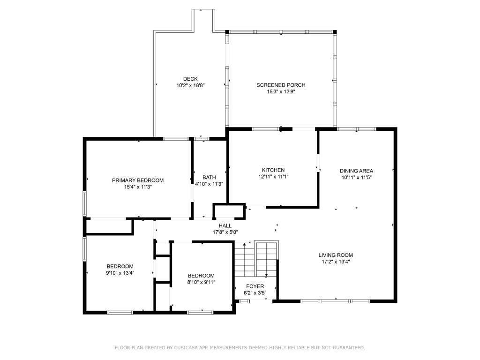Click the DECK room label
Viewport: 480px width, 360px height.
coord(190,79)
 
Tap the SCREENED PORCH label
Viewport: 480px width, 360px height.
coord(281,85)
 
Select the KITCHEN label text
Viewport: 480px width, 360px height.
coord(273,170)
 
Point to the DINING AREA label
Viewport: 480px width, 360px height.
coord(357,171)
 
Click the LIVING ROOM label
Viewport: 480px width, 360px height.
coord(336,255)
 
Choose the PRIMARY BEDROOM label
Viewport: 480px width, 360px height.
coord(138,180)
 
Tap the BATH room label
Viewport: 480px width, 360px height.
coord(209,177)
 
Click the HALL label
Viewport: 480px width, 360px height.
coord(225,225)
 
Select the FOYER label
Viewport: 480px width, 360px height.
coord(255,286)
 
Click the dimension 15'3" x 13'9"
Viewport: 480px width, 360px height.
coord(281,91)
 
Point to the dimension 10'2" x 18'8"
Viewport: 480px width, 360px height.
coord(190,85)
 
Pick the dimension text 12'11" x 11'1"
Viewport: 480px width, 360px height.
coord(273,177)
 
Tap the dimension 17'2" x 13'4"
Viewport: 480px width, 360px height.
coord(336,262)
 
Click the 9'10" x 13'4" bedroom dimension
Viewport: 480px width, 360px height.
coord(120,273)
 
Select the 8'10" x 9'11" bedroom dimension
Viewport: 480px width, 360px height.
coord(201,282)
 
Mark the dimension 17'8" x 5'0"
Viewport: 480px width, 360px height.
coord(225,232)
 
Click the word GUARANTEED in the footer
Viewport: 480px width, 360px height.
coord(349,347)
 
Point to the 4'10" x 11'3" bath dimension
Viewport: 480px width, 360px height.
coord(209,184)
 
